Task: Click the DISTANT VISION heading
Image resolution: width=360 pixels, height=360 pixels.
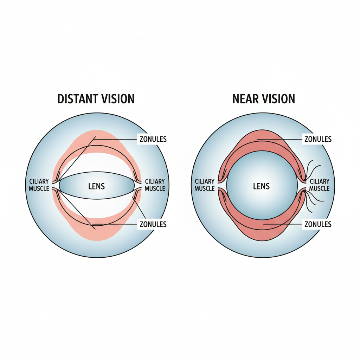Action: (96, 99)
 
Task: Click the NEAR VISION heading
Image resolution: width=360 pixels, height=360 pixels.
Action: (264, 99)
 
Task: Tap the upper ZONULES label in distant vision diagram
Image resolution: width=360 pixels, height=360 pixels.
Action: (153, 140)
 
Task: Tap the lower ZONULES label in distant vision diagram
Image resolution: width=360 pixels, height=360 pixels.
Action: (153, 224)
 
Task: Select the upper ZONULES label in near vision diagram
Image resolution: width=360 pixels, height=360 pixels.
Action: (318, 140)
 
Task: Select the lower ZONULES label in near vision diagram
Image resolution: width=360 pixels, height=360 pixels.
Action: (318, 224)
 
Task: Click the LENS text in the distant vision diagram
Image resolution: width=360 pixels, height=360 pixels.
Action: (97, 186)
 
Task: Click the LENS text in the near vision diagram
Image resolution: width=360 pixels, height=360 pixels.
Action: (261, 186)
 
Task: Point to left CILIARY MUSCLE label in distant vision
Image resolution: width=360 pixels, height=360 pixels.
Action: (39, 185)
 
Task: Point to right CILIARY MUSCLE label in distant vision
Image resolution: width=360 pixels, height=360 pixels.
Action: (155, 185)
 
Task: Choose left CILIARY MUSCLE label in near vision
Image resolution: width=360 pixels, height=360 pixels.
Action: (204, 185)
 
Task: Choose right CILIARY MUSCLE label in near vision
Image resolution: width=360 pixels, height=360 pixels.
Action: (320, 185)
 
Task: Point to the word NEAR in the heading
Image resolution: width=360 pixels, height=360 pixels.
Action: (245, 99)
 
